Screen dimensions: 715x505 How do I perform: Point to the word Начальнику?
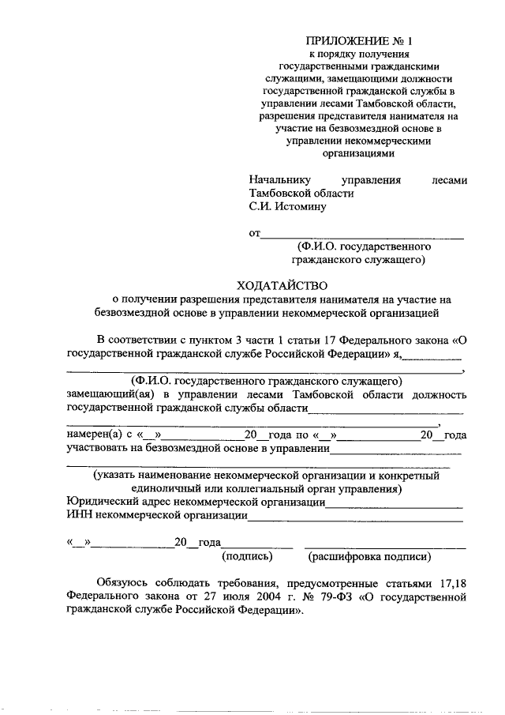click(x=279, y=180)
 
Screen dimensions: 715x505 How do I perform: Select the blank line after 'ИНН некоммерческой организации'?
click(x=355, y=520)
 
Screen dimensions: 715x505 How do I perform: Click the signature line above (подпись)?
click(x=257, y=546)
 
